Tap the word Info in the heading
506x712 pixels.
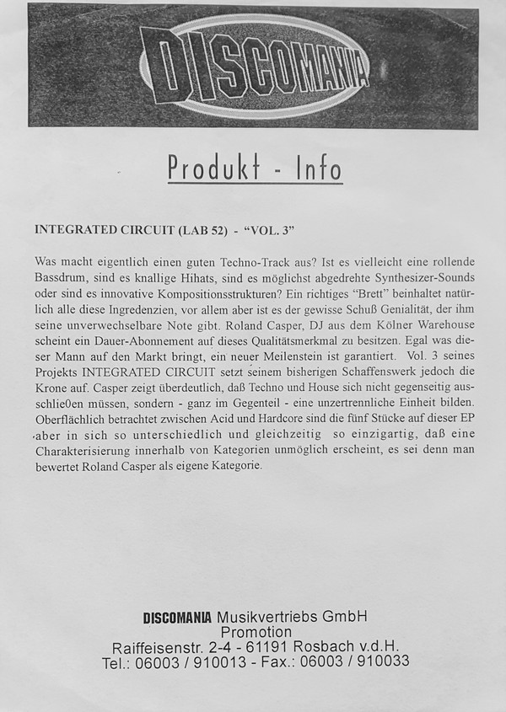point(319,169)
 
